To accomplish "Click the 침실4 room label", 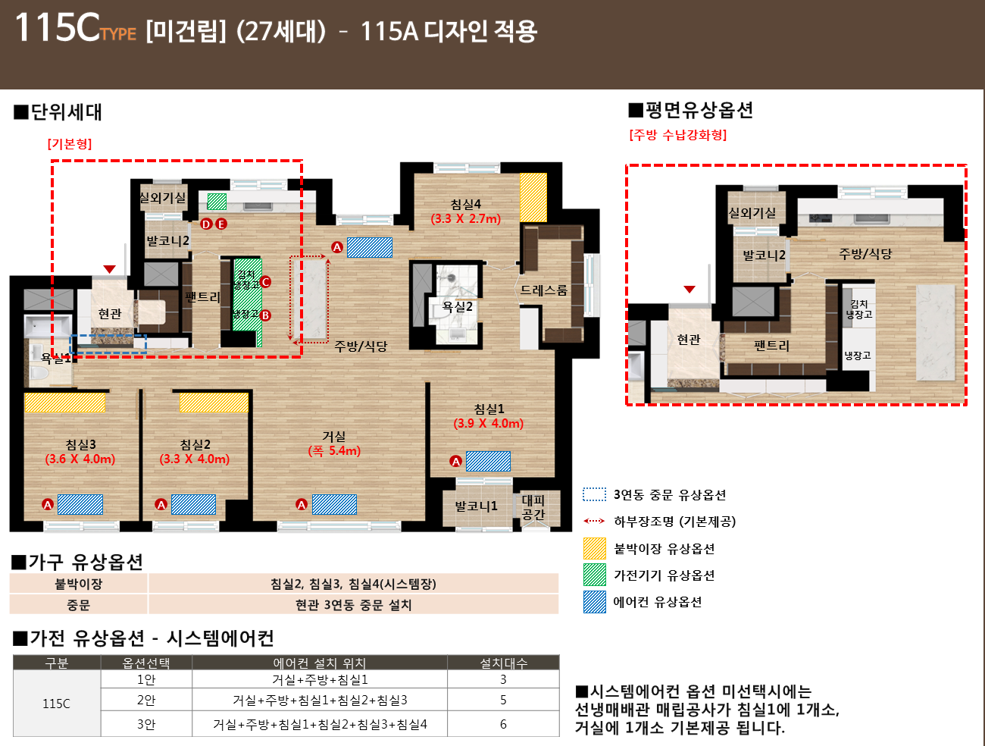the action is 465,204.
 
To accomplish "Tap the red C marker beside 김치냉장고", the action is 265,282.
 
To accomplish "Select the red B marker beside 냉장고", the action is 265,315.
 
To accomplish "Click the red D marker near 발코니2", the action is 206,224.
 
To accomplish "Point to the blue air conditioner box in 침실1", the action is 488,462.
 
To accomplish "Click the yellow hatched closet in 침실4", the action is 533,198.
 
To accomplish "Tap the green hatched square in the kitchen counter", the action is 217,202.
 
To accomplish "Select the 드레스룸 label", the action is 543,290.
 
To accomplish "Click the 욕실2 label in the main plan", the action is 458,306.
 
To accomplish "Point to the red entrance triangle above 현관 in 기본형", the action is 110,269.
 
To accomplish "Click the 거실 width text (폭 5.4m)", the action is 334,450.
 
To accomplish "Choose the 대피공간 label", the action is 533,507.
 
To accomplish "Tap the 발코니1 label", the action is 476,506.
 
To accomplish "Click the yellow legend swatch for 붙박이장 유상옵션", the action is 595,548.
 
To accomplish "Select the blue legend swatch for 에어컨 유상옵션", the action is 595,602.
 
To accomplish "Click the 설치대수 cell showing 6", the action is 503,724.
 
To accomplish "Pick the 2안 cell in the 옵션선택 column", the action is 146,700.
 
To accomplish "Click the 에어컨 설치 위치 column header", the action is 320,663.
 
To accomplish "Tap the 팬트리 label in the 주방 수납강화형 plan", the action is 771,346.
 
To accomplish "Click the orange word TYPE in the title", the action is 118,34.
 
